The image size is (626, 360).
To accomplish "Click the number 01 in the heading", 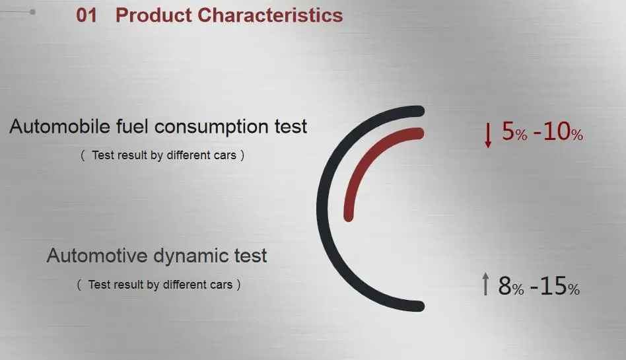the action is pos(87,16).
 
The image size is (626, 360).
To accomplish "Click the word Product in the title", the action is pos(154,16).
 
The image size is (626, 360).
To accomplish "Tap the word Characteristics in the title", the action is pos(270,16).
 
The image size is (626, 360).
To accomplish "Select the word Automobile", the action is pos(60,126).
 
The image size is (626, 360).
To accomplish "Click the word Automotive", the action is pos(97,256).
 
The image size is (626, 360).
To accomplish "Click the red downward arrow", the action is pos(488,135).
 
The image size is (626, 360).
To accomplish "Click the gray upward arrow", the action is pos(485,283).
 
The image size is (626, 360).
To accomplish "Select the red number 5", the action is pos(508,131).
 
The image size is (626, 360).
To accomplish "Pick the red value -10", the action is pos(552,131).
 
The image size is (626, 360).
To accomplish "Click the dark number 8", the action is pos(504,285).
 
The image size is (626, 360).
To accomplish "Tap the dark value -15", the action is pos(549,286).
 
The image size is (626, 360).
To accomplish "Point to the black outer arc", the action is pos(324,208).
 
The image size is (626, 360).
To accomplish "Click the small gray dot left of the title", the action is pos(32,12).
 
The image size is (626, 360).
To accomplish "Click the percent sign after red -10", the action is pos(577,135).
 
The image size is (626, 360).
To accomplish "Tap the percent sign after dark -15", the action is pos(574,289).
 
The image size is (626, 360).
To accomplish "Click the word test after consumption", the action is pos(291,127).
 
